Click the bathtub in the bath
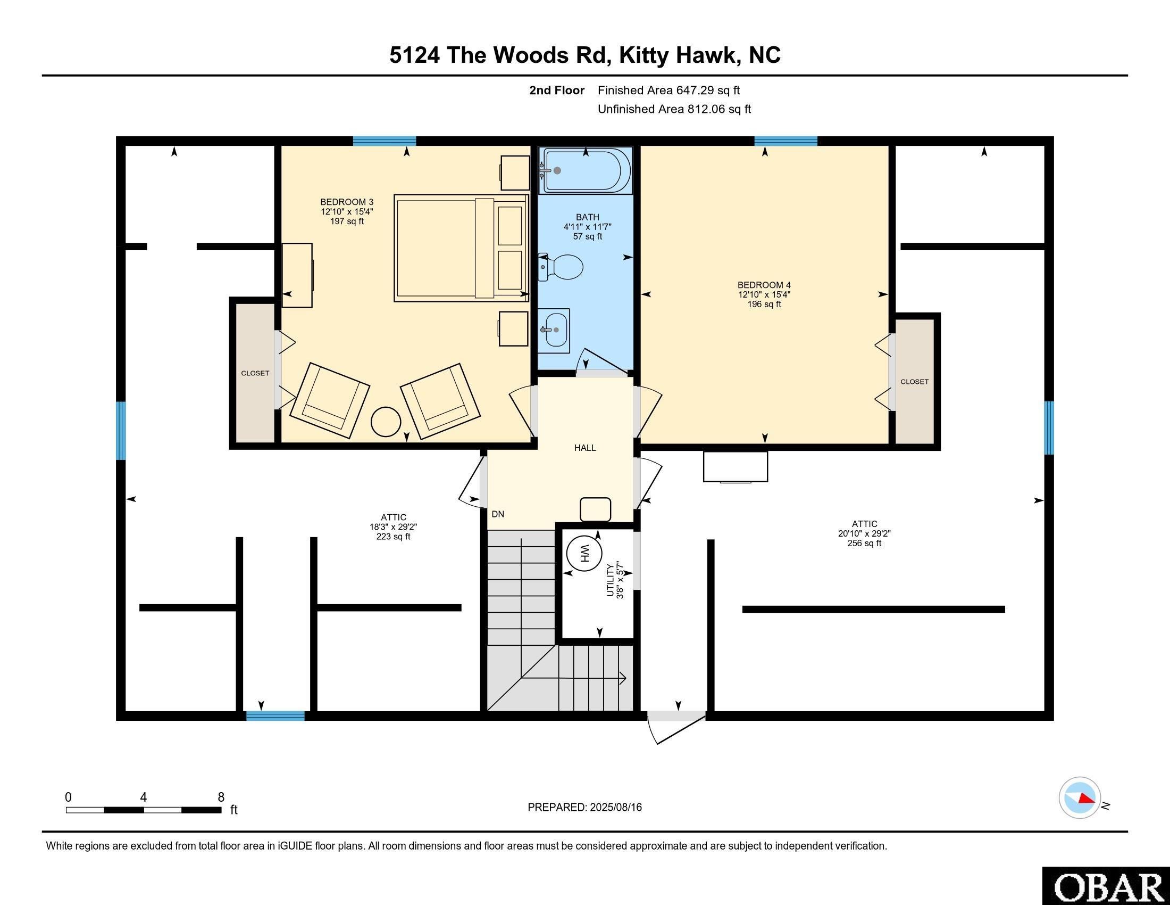pyautogui.click(x=586, y=170)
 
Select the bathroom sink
pyautogui.click(x=555, y=329)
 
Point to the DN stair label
pyautogui.click(x=498, y=514)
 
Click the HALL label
pyautogui.click(x=585, y=448)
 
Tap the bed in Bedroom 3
pyautogui.click(x=461, y=248)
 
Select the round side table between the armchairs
pyautogui.click(x=386, y=422)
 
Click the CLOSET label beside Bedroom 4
pyautogui.click(x=915, y=382)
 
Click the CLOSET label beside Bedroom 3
pyautogui.click(x=255, y=373)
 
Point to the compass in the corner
pyautogui.click(x=1080, y=797)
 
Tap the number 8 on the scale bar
pyautogui.click(x=221, y=797)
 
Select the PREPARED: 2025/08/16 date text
pyautogui.click(x=584, y=808)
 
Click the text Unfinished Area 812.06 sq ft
pyautogui.click(x=674, y=109)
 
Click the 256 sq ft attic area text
pyautogui.click(x=864, y=543)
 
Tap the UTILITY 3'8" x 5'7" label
pyautogui.click(x=615, y=581)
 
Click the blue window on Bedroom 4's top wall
pyautogui.click(x=785, y=142)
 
